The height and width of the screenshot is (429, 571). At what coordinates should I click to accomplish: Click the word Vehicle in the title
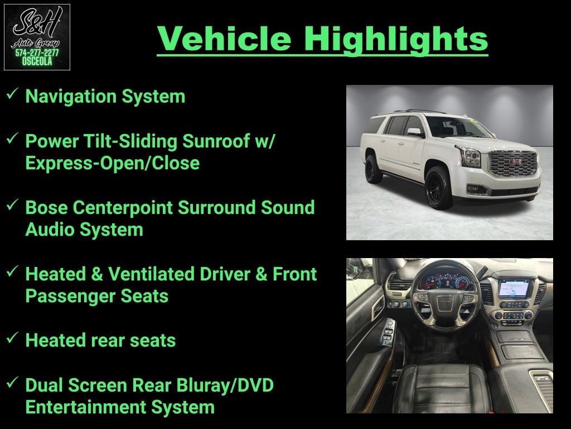pos(224,39)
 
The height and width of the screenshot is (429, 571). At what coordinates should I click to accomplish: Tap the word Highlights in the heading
pos(396,40)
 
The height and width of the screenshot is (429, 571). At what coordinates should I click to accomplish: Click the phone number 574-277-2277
pos(37,53)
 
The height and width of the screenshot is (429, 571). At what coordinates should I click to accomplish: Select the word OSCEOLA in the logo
pos(37,61)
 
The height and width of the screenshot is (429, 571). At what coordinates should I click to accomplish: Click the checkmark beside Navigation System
pos(12,94)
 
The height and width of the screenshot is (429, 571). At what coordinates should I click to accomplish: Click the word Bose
pos(46,208)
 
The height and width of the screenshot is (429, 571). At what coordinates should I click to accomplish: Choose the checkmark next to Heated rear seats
pos(12,338)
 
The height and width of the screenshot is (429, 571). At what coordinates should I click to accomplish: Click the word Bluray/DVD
pos(225,385)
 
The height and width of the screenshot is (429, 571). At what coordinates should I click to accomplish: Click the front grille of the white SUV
pos(514,163)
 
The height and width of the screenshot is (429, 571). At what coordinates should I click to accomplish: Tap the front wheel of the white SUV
pos(438,188)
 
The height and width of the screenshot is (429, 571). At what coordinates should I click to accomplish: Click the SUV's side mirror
pos(415,132)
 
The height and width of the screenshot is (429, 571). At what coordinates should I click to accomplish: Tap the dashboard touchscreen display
pos(514,288)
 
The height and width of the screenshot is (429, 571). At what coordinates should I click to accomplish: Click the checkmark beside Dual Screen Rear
pos(12,382)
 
